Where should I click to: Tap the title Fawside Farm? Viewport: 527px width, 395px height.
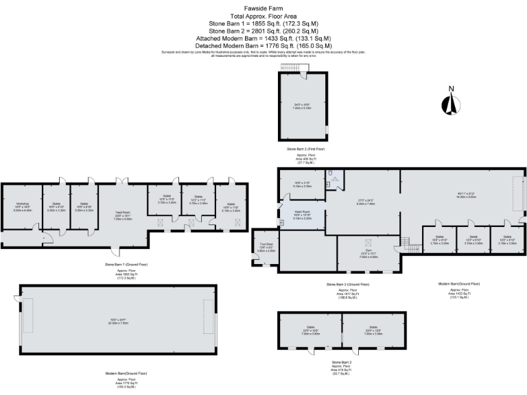pyautogui.click(x=263, y=5)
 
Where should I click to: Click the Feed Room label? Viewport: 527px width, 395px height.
pyautogui.click(x=122, y=216)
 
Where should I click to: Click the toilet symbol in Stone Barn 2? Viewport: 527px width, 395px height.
pyautogui.click(x=331, y=174)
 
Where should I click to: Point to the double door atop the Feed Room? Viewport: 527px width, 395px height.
pyautogui.click(x=122, y=182)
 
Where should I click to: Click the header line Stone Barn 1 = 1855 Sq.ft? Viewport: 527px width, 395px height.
pyautogui.click(x=263, y=22)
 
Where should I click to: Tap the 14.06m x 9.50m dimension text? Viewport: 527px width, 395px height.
pyautogui.click(x=467, y=197)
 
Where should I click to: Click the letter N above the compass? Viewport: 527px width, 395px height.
pyautogui.click(x=451, y=88)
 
